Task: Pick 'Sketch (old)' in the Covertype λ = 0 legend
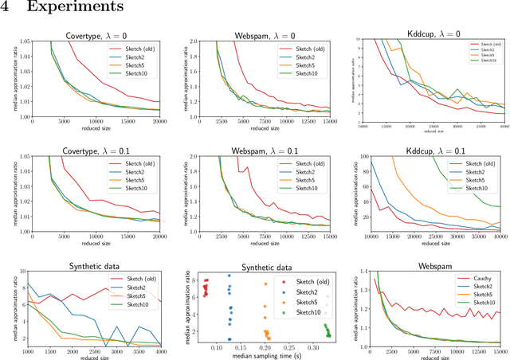pyautogui.click(x=135, y=48)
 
